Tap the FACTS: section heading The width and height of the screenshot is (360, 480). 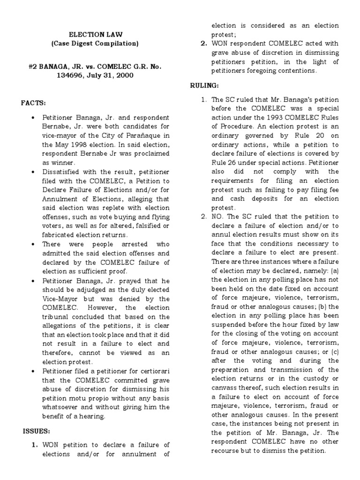pos(33,103)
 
